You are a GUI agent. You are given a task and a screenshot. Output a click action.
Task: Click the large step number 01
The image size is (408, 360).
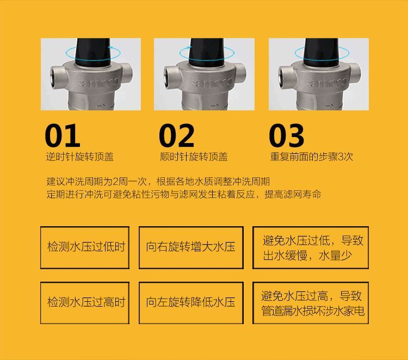coord(63,135)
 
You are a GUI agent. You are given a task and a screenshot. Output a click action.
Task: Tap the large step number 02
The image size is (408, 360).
coord(177,135)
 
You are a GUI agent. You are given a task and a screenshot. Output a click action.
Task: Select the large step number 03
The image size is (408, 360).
coord(287,135)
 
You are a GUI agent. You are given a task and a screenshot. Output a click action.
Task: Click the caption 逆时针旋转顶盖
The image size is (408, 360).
coord(80,157)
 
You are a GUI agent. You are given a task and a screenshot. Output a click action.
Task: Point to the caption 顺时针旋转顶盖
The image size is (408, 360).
coord(194,157)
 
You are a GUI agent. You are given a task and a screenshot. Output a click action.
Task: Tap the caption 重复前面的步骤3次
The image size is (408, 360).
coord(312,157)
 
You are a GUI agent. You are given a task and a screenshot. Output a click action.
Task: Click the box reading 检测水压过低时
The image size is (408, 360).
coord(85,247)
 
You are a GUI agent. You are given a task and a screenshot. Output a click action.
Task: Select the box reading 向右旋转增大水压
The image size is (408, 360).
coord(191,247)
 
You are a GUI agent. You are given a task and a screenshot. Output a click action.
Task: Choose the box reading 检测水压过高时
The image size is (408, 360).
coord(85,303)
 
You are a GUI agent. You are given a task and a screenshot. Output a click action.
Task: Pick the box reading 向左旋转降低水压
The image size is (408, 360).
coord(191,303)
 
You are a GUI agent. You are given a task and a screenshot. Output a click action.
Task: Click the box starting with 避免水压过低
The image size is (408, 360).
coord(311,247)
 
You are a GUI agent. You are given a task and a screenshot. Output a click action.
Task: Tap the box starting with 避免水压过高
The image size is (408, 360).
coord(311,303)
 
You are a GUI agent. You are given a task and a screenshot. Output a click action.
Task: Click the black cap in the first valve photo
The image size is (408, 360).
coord(93,52)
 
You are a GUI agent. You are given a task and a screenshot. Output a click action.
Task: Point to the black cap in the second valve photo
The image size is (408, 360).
coord(207,52)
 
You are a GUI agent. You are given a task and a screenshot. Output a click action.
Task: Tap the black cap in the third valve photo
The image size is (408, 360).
coord(321,52)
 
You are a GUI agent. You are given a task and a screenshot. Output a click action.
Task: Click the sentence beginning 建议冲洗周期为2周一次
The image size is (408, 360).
coord(158,181)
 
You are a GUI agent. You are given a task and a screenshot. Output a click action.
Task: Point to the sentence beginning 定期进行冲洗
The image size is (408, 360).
coord(184,194)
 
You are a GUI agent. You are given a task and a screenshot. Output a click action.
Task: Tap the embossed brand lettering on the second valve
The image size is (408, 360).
coord(212,82)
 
